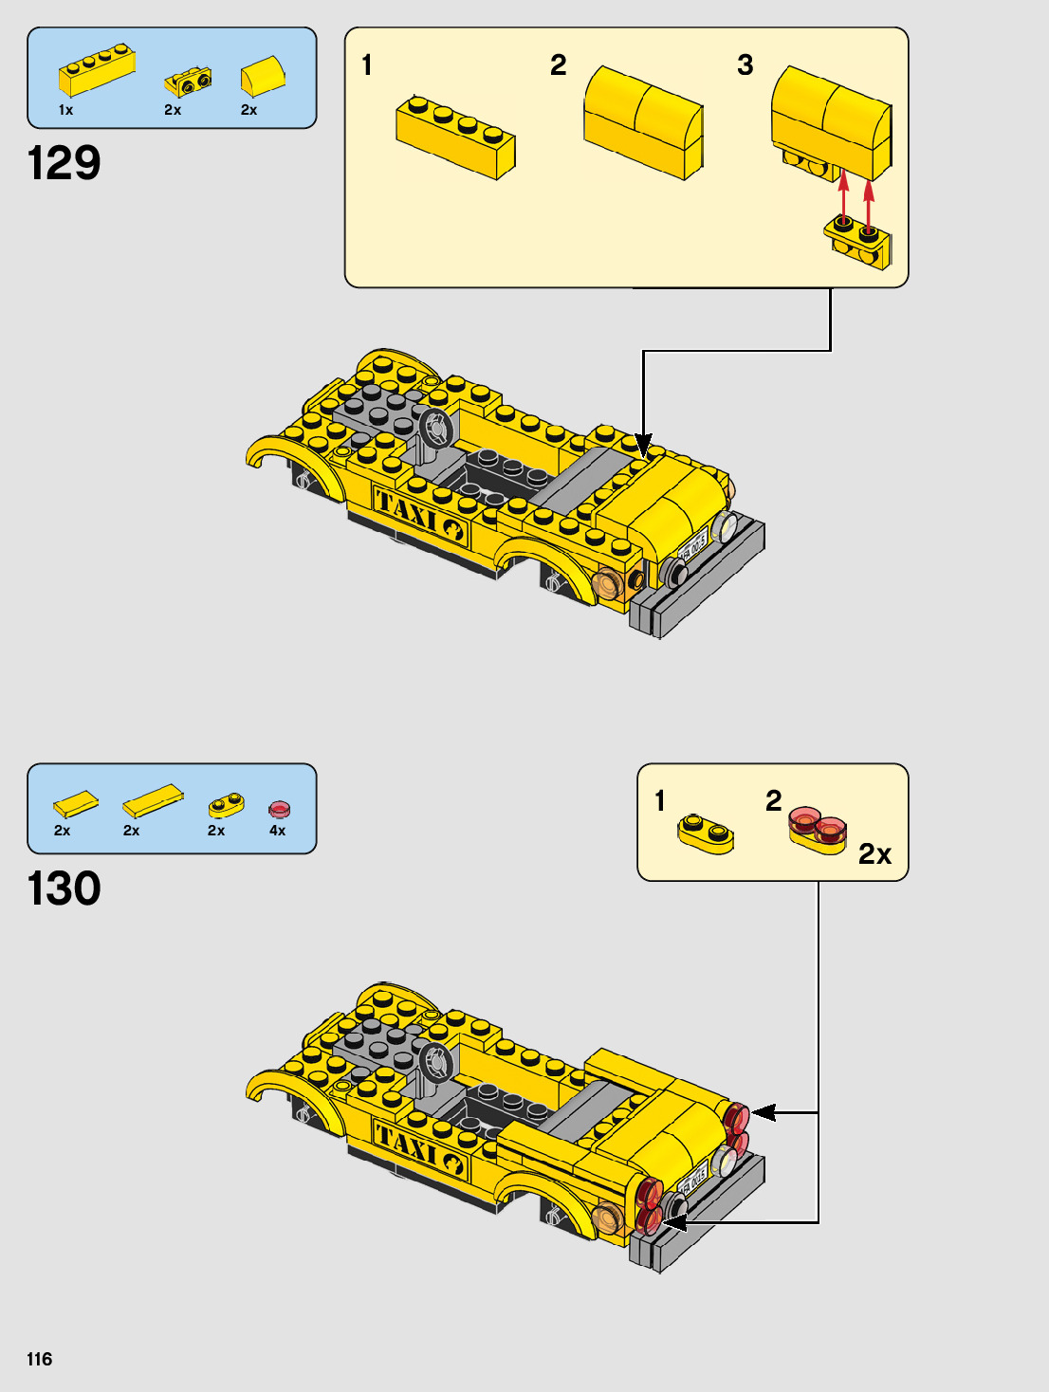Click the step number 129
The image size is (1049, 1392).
pyautogui.click(x=64, y=163)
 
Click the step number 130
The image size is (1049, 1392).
pyautogui.click(x=64, y=888)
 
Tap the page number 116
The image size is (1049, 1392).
pyautogui.click(x=40, y=1359)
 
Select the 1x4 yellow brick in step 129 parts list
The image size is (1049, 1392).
pyautogui.click(x=97, y=70)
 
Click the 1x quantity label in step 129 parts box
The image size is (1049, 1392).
pyautogui.click(x=65, y=110)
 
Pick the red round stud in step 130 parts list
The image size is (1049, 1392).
pyautogui.click(x=279, y=809)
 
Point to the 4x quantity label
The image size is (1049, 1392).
pyautogui.click(x=277, y=831)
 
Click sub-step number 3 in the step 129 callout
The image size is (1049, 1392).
pyautogui.click(x=745, y=65)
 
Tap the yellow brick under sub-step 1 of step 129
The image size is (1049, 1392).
pyautogui.click(x=455, y=137)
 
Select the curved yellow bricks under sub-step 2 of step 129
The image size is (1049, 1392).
pyautogui.click(x=643, y=121)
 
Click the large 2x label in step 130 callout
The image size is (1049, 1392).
pyautogui.click(x=874, y=854)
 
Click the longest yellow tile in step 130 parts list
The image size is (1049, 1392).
pyautogui.click(x=153, y=801)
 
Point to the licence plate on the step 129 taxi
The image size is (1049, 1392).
pyautogui.click(x=693, y=547)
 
